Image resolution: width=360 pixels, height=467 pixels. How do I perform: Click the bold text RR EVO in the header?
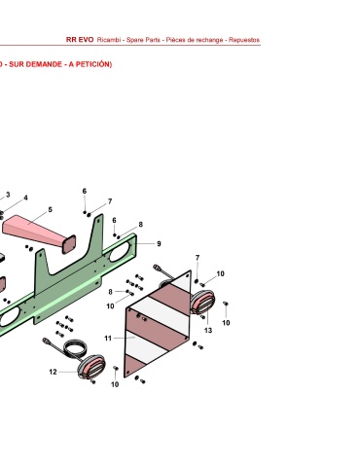[x=80, y=40]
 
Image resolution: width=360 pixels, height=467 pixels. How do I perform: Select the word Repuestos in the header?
[x=244, y=40]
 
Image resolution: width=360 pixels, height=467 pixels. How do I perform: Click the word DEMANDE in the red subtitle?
[x=44, y=64]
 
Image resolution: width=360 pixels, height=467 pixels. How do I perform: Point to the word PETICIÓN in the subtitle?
[x=93, y=64]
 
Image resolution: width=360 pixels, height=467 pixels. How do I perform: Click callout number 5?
[x=50, y=210]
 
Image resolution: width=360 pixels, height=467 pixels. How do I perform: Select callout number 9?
[x=159, y=243]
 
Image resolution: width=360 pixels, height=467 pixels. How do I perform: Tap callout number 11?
[x=108, y=339]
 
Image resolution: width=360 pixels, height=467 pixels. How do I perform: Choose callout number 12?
[x=53, y=372]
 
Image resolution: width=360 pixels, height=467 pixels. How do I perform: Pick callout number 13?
[x=208, y=331]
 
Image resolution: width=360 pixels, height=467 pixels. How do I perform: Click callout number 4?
[x=25, y=198]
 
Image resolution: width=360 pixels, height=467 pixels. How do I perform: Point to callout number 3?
[x=8, y=195]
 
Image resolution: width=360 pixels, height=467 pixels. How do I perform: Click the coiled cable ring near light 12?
[x=76, y=348]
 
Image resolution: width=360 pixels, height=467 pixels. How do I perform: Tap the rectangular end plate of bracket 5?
[x=69, y=244]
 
